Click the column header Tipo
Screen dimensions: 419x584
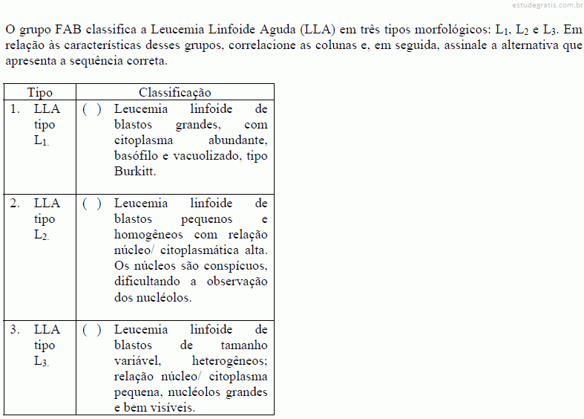coord(40,92)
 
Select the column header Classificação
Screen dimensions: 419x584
coord(174,92)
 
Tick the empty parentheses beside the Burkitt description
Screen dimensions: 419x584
coord(92,109)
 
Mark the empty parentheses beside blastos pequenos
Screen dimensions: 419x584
coord(92,204)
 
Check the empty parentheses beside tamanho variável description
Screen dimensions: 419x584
coord(92,330)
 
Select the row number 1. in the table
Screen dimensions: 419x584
coord(15,109)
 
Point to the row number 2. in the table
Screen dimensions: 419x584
coord(15,204)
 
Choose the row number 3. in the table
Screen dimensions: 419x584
coord(15,330)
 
